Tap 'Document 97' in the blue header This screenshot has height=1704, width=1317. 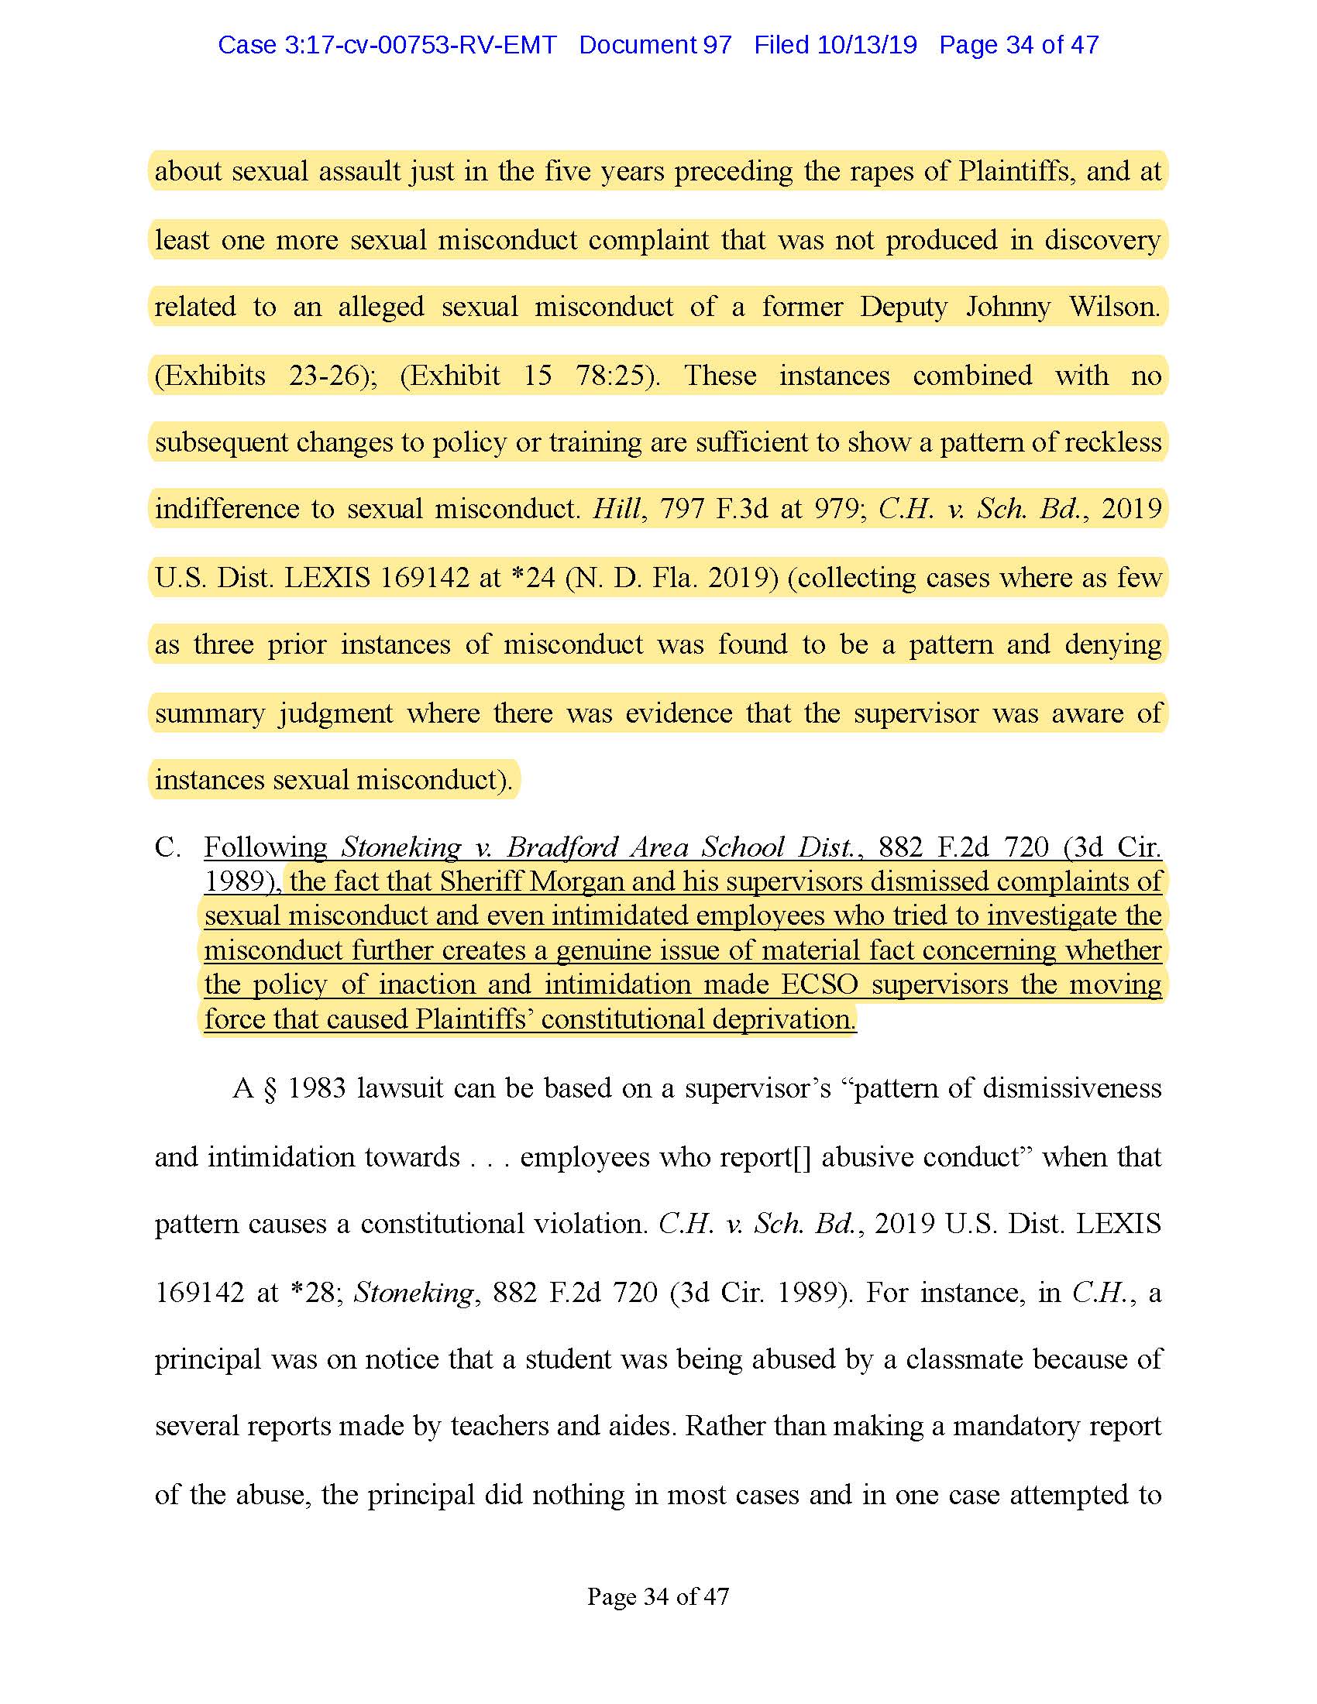pyautogui.click(x=655, y=45)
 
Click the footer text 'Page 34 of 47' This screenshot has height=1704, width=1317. pyautogui.click(x=658, y=1596)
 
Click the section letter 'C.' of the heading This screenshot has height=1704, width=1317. pyautogui.click(x=168, y=847)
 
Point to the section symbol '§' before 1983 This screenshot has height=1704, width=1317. pyautogui.click(x=270, y=1088)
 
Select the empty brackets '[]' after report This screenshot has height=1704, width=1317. pyautogui.click(x=802, y=1157)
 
